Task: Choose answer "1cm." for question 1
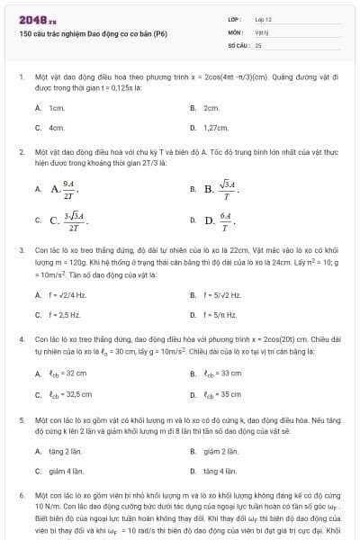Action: (57, 107)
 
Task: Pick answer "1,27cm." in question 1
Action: (217, 128)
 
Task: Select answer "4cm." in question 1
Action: (57, 128)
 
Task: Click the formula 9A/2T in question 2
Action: (69, 189)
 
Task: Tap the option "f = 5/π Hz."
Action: (220, 315)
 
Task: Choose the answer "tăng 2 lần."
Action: (65, 449)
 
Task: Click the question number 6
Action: (22, 495)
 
